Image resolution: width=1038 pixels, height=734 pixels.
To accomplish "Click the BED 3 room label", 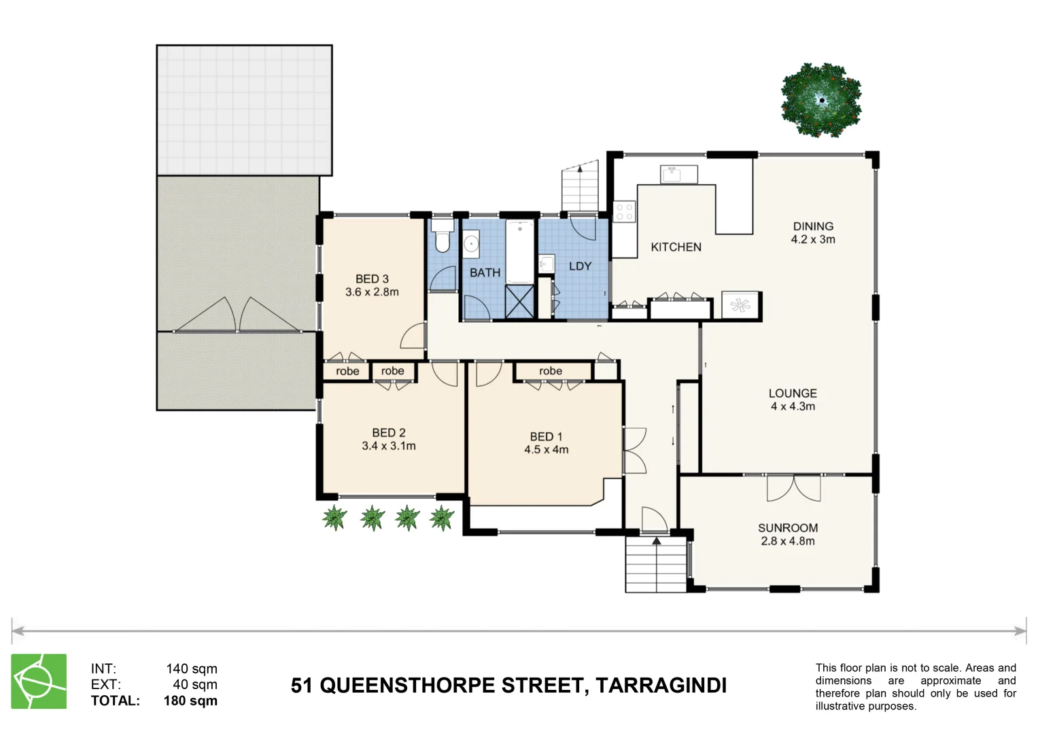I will pyautogui.click(x=372, y=279).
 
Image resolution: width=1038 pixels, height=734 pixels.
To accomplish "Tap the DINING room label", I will pyautogui.click(x=813, y=226).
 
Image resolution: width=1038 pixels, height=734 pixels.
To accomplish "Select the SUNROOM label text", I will pyautogui.click(x=788, y=528).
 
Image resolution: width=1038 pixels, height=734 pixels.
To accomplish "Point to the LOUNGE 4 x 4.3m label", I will pyautogui.click(x=793, y=400).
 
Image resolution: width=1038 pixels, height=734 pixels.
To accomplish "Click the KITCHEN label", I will pyautogui.click(x=676, y=247).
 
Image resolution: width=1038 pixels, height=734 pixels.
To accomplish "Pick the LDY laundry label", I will pyautogui.click(x=580, y=266).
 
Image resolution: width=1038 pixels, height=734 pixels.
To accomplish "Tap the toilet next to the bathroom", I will pyautogui.click(x=443, y=237).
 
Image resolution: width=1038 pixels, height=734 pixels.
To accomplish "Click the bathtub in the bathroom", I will pyautogui.click(x=520, y=252).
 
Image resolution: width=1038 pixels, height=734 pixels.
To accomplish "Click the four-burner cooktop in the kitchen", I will pyautogui.click(x=624, y=211).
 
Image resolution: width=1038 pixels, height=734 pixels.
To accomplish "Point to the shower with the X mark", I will pyautogui.click(x=519, y=302).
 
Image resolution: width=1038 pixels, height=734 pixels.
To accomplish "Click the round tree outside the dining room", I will pyautogui.click(x=821, y=101).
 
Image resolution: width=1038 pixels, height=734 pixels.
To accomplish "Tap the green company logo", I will pyautogui.click(x=39, y=681).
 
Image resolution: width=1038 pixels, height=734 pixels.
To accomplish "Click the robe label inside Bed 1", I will pyautogui.click(x=551, y=371).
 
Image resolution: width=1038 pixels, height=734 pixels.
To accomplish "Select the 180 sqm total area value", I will pyautogui.click(x=190, y=701).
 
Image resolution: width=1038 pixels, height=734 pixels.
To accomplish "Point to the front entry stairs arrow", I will pyautogui.click(x=656, y=542).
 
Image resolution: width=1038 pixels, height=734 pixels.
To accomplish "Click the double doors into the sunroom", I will pyautogui.click(x=793, y=488).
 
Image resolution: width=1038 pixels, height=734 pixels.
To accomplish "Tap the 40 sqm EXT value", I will pyautogui.click(x=194, y=684).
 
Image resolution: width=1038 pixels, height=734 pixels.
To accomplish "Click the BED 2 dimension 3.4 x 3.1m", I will pyautogui.click(x=389, y=446).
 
